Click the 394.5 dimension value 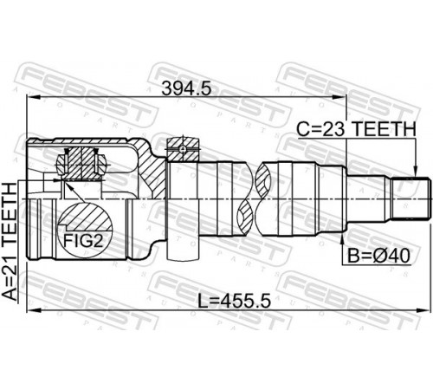pyautogui.click(x=186, y=88)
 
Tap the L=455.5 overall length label pyautogui.click(x=234, y=302)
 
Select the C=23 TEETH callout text pyautogui.click(x=356, y=129)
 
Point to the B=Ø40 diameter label pyautogui.click(x=378, y=256)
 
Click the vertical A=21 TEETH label pyautogui.click(x=10, y=241)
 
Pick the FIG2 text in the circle pyautogui.click(x=83, y=240)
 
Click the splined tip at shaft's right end pyautogui.click(x=410, y=199)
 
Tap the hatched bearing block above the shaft pyautogui.click(x=183, y=149)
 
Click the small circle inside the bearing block pyautogui.click(x=183, y=149)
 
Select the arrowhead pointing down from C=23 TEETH pyautogui.click(x=416, y=171)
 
